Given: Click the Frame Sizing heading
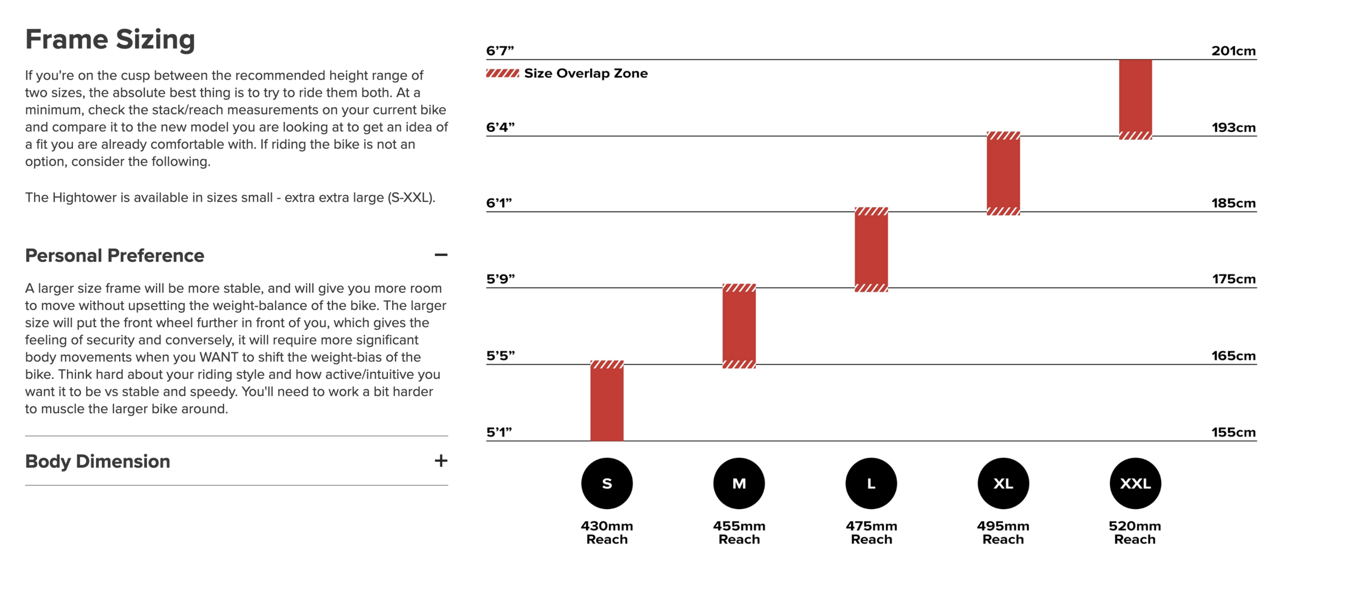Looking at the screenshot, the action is pos(110,39).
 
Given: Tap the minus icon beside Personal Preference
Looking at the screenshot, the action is pos(441,255).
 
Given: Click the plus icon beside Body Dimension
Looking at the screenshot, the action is pos(441,461).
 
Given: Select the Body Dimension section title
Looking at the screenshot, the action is pos(98,461).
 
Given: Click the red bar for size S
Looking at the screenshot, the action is pos(607,400).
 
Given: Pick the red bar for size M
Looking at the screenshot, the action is pos(739,326).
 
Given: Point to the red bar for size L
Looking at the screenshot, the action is pos(871,249).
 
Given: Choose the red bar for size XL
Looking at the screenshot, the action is pos(1003,173).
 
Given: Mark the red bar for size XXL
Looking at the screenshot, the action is pos(1135,100).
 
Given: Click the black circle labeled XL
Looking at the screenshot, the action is pos(1003,483).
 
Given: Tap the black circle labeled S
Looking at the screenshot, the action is pos(607,483).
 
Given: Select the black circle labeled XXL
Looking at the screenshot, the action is pos(1135,483).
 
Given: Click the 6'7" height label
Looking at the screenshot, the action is pos(499,51).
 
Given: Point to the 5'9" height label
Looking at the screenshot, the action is pos(500,279).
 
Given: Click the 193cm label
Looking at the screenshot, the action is pos(1233,128).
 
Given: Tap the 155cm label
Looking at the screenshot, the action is pos(1233,432).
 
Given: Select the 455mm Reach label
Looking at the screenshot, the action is pos(739,532).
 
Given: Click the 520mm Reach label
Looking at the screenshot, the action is pos(1135,532).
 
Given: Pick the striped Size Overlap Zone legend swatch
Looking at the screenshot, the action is pos(502,73).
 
